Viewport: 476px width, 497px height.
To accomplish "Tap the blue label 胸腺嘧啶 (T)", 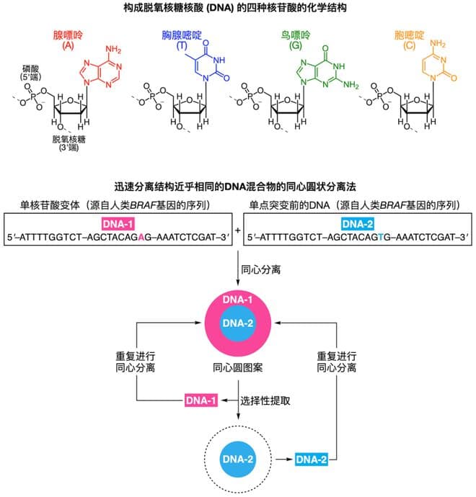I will click(181, 39).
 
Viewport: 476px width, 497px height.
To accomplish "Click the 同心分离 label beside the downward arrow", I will click(265, 275).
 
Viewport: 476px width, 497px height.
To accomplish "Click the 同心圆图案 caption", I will click(239, 367).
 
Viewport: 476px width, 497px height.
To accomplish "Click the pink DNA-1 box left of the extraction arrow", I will click(201, 398).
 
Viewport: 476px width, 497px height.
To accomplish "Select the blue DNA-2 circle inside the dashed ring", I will click(239, 458).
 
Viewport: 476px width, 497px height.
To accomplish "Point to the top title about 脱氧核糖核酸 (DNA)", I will click(237, 8).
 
